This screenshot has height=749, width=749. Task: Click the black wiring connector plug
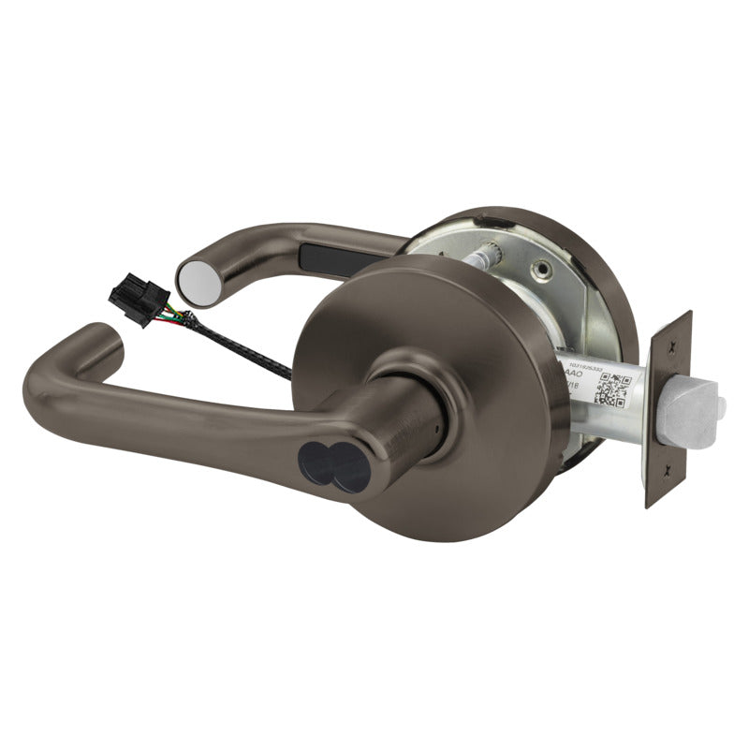(x=132, y=301)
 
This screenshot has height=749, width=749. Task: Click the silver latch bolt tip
(x=694, y=409)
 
